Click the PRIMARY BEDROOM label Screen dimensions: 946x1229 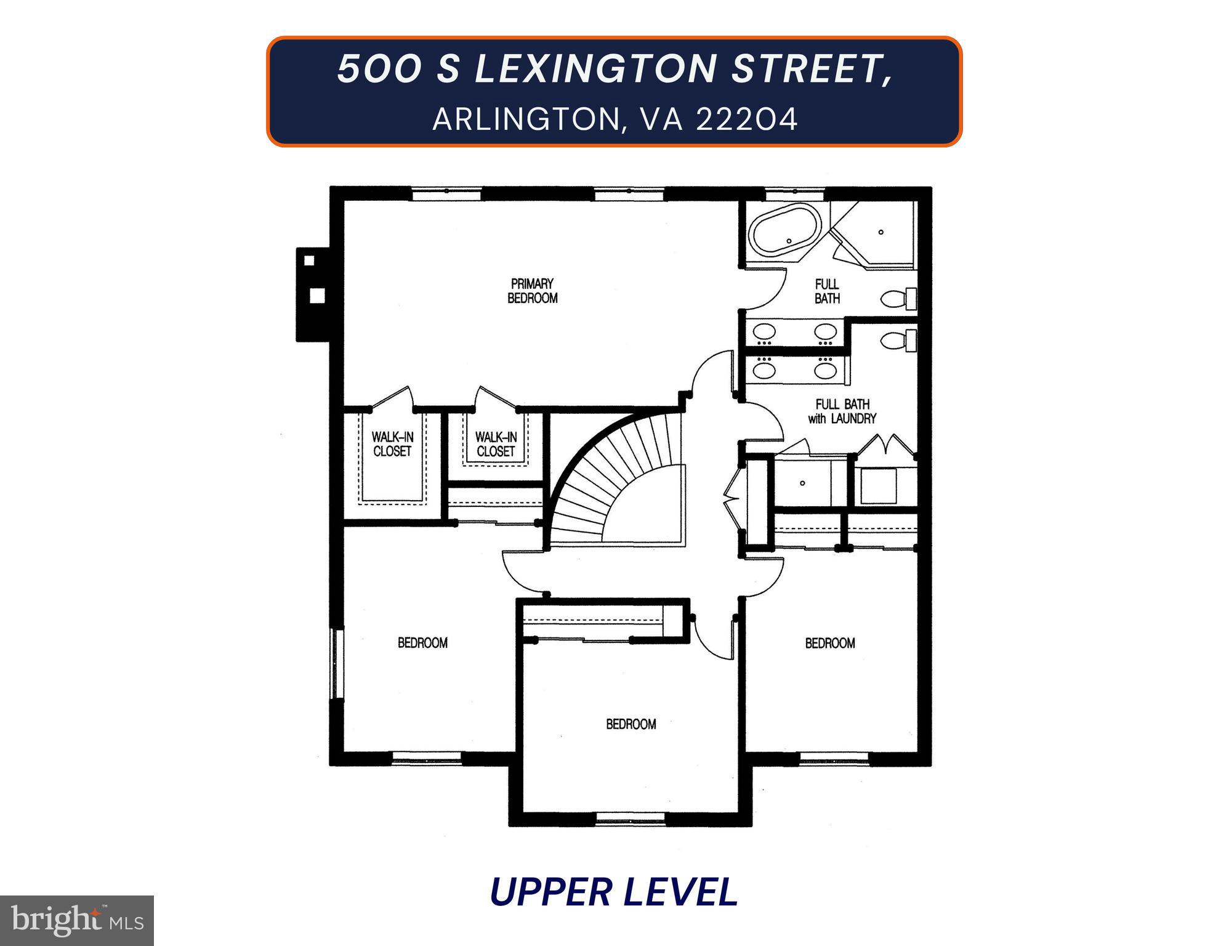[532, 291]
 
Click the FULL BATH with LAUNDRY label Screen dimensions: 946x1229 [842, 411]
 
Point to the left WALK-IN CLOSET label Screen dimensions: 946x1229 [392, 443]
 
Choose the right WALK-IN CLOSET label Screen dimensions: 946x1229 [496, 443]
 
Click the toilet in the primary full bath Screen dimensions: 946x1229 [900, 299]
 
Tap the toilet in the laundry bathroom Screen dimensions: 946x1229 [900, 340]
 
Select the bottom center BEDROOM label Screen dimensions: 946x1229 [631, 724]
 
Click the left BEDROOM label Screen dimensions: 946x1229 [422, 643]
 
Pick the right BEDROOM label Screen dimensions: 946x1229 [829, 643]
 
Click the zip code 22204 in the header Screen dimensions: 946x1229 [746, 119]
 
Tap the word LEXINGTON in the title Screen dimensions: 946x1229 [594, 68]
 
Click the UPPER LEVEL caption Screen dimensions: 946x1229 [614, 892]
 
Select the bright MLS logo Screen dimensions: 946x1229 [77, 920]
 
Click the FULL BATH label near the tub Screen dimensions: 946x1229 [827, 291]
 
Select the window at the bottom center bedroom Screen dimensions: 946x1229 [631, 819]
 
